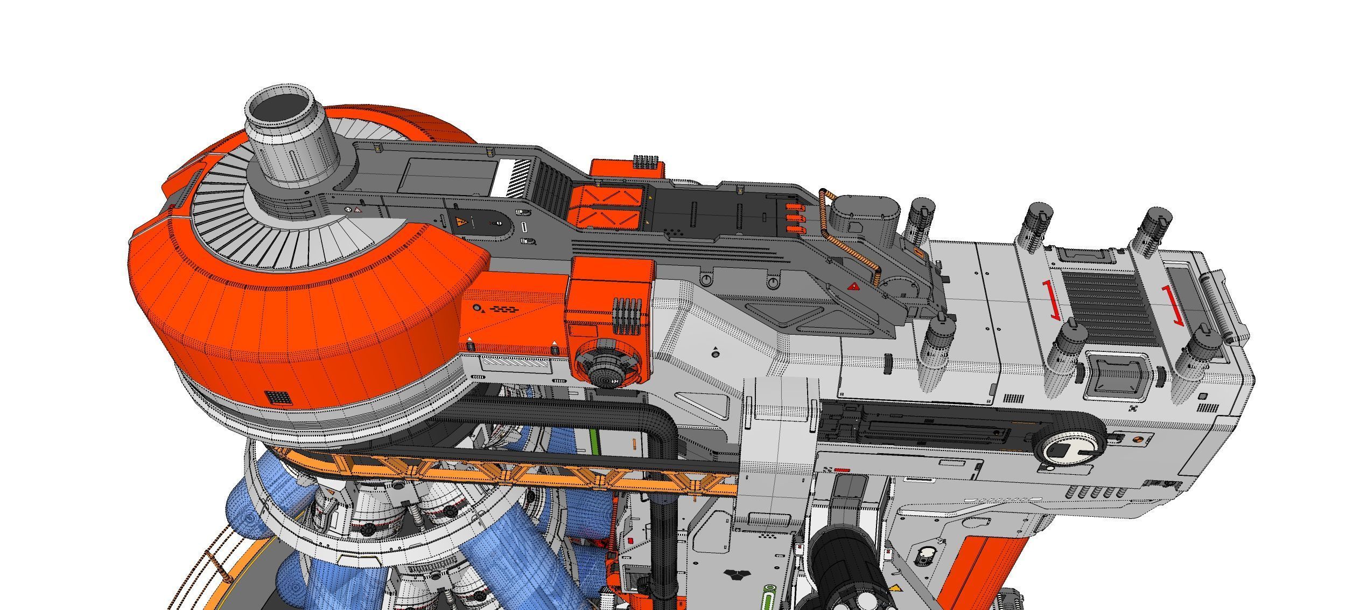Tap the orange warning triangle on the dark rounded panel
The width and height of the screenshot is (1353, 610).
pyautogui.click(x=461, y=221)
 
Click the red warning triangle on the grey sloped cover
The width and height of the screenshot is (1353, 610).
pyautogui.click(x=853, y=286)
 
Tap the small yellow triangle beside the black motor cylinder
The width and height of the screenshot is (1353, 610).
pyautogui.click(x=894, y=587)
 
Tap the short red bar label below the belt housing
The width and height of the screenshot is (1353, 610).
pyautogui.click(x=843, y=470)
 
